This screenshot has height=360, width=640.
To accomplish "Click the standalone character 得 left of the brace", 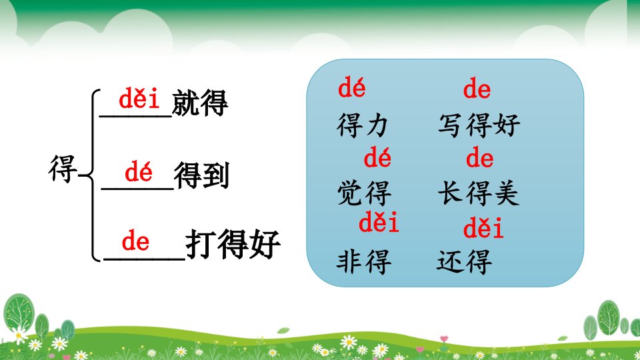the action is click(63, 168).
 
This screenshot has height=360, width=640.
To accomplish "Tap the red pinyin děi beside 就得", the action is click(139, 98).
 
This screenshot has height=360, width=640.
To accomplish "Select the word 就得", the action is click(200, 103).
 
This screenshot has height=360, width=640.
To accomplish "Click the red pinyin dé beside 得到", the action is click(139, 171).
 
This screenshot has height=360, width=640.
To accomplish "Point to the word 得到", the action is click(201, 175).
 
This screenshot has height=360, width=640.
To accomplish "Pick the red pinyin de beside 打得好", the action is click(135, 240).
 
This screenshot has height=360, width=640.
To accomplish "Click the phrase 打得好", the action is click(233, 244).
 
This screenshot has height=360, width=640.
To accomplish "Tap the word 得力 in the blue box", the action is click(363, 125).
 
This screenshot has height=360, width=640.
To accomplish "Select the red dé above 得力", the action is click(352, 88).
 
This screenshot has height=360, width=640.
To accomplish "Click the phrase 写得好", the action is click(479, 125).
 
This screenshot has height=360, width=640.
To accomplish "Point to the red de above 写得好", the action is click(477, 88).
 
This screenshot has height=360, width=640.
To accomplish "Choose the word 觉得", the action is click(364, 193).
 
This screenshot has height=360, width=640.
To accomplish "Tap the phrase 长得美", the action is click(479, 193).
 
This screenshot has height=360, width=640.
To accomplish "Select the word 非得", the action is click(364, 261).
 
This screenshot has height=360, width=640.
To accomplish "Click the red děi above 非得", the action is click(379, 223).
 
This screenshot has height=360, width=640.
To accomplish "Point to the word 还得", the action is click(465, 261).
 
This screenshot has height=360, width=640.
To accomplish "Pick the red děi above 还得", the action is click(483, 228).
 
